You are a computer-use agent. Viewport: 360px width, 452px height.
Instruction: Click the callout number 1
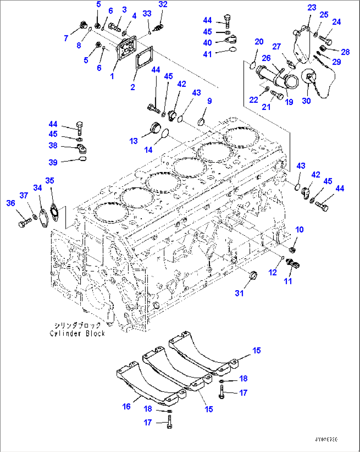(x=112, y=76)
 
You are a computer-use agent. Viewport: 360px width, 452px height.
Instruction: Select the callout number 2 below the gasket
(x=132, y=87)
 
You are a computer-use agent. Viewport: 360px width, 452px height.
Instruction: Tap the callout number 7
(x=66, y=38)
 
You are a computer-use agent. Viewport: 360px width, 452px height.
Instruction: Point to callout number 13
(x=133, y=141)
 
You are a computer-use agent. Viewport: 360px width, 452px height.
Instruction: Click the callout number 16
(x=126, y=406)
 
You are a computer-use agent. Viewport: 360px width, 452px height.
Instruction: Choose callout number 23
(x=312, y=8)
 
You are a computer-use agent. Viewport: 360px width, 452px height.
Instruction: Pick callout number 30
(x=306, y=101)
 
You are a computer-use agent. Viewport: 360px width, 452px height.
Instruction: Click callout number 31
(x=239, y=293)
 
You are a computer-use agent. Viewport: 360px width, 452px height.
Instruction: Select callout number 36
(x=11, y=203)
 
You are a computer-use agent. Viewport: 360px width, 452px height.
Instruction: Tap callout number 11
(x=288, y=281)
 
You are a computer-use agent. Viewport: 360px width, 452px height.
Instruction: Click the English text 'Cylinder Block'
(x=77, y=333)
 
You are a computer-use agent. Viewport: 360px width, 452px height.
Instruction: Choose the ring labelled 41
(x=233, y=50)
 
